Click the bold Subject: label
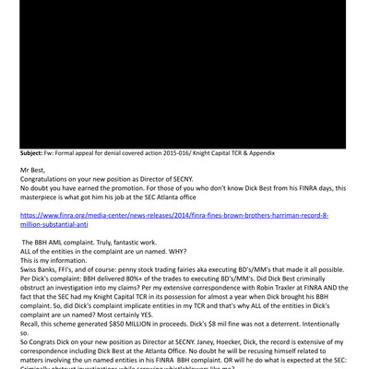(x=37, y=153)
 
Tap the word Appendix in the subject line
(x=257, y=153)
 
